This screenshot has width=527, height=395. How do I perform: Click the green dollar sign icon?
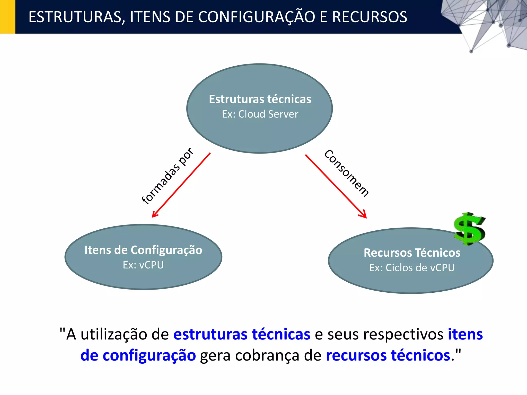point(469,229)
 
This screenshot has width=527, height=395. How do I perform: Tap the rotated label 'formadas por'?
point(167,176)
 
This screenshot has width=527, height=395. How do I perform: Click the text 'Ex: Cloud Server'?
point(260,114)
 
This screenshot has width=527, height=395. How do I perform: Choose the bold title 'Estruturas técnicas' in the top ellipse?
point(260,99)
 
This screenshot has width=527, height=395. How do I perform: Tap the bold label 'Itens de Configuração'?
point(143,250)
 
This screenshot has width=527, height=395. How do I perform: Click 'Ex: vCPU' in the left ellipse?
point(143,265)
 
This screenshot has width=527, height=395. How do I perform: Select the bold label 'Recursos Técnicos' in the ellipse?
point(412,253)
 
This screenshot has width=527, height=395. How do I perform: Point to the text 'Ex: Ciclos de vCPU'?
point(412,268)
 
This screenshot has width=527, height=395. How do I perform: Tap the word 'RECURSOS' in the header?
point(370,17)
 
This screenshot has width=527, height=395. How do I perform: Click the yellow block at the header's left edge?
point(7,17)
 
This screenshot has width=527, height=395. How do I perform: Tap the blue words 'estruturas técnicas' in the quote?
point(242,334)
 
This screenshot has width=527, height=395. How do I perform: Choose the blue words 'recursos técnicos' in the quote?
point(388,355)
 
